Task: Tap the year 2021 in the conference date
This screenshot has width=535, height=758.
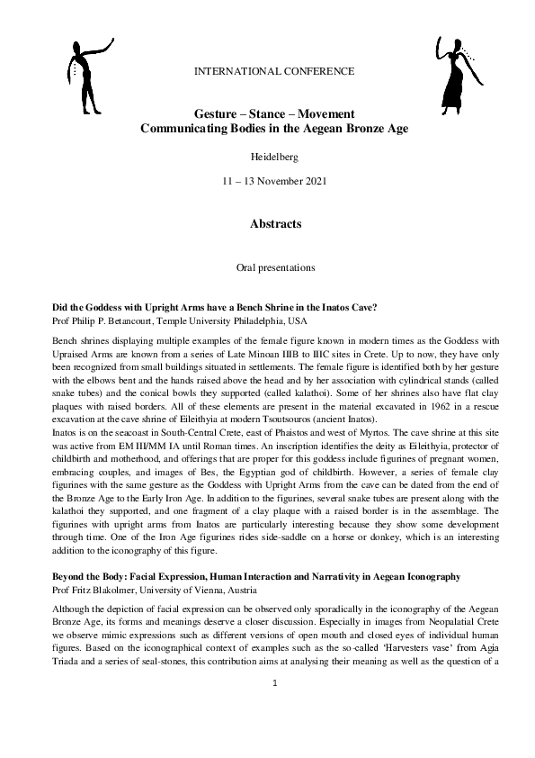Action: click(314, 182)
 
